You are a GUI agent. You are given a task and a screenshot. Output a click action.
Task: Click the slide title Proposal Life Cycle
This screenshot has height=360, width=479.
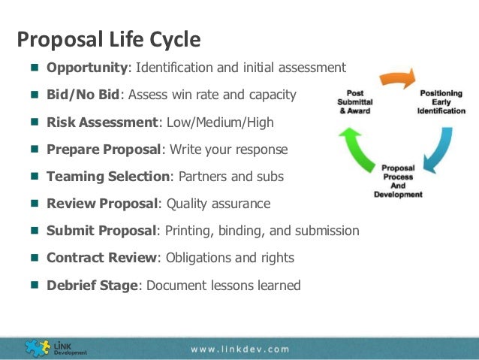tap(109, 38)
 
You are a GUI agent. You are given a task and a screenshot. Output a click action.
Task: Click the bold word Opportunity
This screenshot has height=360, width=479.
tap(87, 68)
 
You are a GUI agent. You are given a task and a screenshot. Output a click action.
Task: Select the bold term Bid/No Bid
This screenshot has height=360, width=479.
tap(83, 95)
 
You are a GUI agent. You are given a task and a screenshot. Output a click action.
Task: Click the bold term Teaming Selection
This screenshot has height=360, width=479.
tap(108, 176)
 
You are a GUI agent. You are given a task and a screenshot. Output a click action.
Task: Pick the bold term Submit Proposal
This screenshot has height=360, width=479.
tap(101, 231)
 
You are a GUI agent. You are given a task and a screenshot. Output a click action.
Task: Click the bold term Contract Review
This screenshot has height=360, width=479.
tap(101, 258)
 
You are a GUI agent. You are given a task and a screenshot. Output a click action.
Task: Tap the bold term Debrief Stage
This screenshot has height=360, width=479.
tap(93, 285)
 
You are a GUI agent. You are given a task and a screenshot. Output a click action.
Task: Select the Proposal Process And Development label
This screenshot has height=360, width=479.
tap(398, 180)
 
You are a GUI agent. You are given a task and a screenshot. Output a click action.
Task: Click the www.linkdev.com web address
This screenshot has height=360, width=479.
tap(239, 349)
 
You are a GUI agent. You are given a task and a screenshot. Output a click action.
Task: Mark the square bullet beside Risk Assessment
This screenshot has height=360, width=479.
tap(35, 122)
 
